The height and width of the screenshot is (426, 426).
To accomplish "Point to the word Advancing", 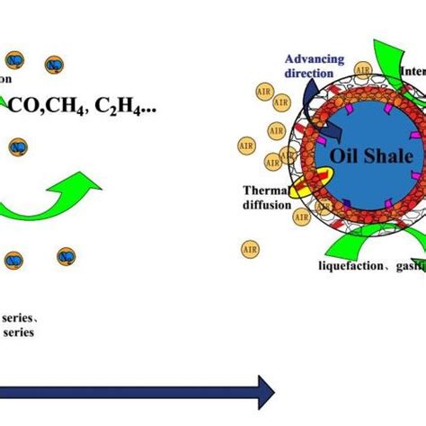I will click(316, 58).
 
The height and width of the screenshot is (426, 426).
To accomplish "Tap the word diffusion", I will click(267, 204).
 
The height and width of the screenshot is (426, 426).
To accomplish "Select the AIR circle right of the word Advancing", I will click(363, 69).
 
